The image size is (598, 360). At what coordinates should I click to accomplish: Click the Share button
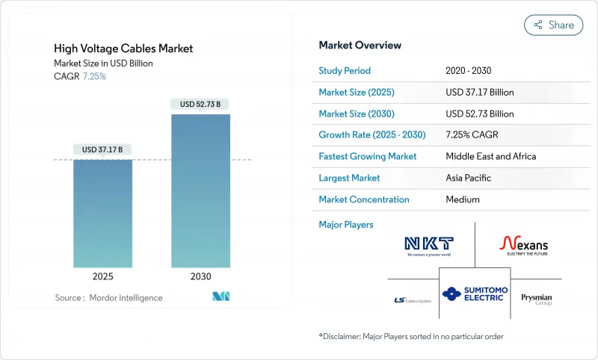click(553, 25)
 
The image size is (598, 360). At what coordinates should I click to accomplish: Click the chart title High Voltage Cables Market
click(123, 49)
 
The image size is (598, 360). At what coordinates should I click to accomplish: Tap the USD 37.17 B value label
click(102, 149)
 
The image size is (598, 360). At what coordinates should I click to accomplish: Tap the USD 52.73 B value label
click(200, 104)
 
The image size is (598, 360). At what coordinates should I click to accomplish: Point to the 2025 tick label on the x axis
click(102, 276)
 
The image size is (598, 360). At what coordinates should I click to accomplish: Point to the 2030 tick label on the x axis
click(200, 276)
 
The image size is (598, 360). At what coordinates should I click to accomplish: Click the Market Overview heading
click(360, 46)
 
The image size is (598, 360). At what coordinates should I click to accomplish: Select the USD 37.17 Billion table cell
click(479, 93)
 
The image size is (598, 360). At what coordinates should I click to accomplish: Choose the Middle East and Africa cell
click(490, 157)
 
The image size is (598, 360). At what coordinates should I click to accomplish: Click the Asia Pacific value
click(469, 178)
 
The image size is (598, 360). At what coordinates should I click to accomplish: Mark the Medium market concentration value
click(463, 199)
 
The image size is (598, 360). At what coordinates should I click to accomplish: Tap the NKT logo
click(428, 245)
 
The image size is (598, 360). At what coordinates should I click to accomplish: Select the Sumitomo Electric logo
click(474, 294)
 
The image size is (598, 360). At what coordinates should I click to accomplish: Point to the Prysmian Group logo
click(536, 299)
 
